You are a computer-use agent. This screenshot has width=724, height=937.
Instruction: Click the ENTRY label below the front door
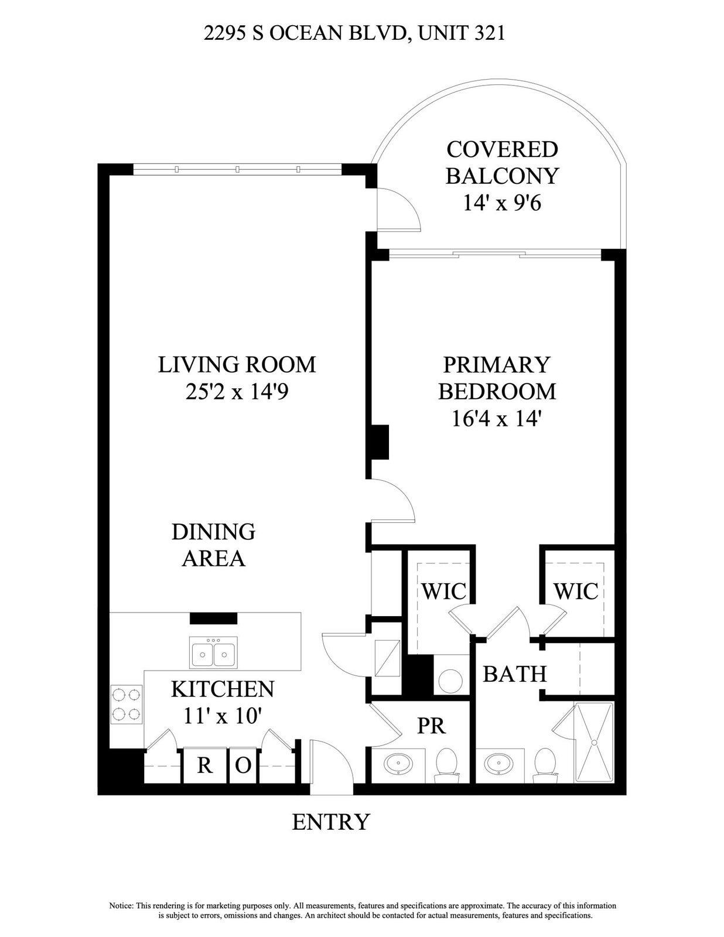click(331, 822)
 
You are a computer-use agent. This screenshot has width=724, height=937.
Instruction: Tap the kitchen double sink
click(214, 654)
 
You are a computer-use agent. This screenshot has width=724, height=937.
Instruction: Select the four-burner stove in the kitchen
click(127, 705)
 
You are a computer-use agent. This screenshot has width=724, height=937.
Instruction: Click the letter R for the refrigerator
click(204, 765)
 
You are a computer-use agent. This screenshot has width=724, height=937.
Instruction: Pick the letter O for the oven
click(244, 765)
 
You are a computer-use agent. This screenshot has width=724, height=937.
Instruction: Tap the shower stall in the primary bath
click(594, 742)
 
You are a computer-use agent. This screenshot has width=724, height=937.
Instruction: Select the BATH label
click(514, 674)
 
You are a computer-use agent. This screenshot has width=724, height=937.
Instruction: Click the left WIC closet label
click(444, 591)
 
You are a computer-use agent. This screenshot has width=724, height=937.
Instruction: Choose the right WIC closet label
click(576, 591)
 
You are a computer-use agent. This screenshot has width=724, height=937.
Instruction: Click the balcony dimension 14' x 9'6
click(502, 203)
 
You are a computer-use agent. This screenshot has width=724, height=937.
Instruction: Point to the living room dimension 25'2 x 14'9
click(237, 391)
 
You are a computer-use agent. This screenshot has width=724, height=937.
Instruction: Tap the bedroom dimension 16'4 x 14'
click(496, 419)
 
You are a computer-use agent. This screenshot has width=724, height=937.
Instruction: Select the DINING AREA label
click(213, 545)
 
